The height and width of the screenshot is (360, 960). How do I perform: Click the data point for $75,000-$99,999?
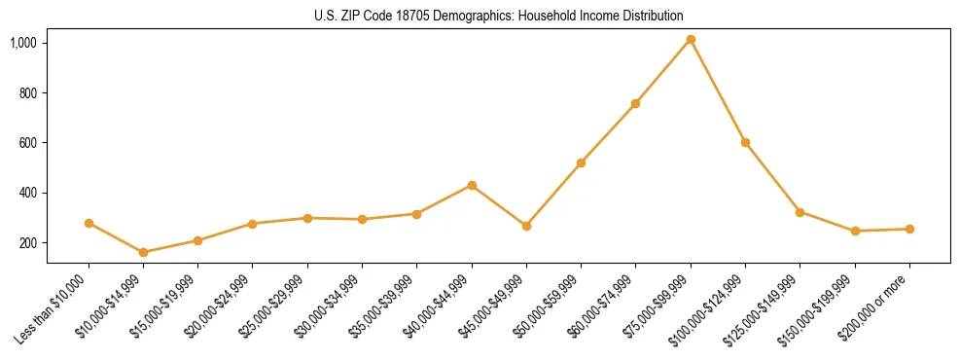click(691, 40)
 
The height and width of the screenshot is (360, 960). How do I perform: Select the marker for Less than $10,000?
click(89, 223)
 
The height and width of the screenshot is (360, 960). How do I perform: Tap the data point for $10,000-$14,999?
click(143, 252)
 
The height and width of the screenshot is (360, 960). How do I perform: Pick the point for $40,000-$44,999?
click(472, 185)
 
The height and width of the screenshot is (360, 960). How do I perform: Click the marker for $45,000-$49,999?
click(526, 226)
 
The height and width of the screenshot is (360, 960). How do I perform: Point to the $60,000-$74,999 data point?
click(635, 103)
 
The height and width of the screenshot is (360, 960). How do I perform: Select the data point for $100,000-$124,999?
click(745, 142)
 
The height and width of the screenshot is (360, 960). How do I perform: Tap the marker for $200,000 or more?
click(909, 229)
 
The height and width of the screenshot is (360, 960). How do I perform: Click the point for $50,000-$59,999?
click(581, 162)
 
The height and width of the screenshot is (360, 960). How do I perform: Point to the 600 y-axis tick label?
click(29, 143)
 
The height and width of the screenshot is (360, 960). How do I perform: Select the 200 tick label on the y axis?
click(29, 243)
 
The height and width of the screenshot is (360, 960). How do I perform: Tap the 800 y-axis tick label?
click(29, 93)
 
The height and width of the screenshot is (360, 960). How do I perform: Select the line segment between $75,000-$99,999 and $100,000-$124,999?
click(718, 91)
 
